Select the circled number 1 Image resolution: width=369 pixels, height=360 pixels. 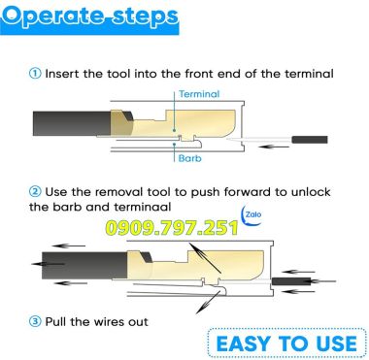click(35, 73)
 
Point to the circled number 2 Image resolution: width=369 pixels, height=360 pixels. click(35, 193)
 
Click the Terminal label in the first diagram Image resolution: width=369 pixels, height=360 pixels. click(201, 94)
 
